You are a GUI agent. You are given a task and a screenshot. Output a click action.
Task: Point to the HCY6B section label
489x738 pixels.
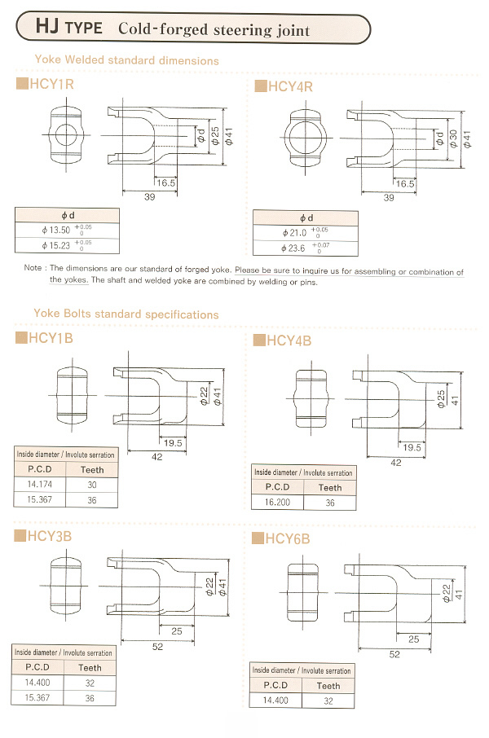[288, 538]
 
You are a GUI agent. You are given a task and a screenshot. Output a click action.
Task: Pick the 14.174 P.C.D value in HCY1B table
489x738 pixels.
[37, 484]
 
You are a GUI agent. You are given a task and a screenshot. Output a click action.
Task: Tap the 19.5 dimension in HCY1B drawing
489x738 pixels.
[173, 442]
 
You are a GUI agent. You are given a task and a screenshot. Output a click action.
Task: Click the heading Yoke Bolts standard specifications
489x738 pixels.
[126, 314]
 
